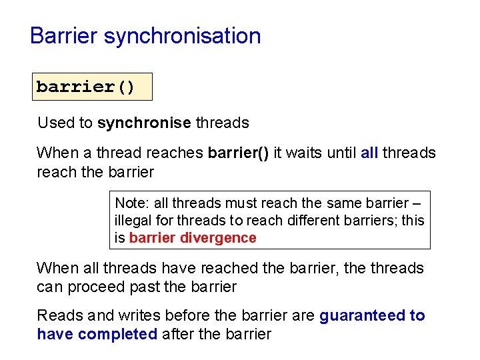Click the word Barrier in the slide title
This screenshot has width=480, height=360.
(x=64, y=35)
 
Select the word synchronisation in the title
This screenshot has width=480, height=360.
(x=183, y=36)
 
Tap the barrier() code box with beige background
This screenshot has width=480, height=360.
(x=92, y=87)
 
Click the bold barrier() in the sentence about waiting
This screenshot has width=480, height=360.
(x=239, y=153)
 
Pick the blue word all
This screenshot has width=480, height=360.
(x=369, y=153)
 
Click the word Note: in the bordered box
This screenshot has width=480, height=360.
(x=132, y=203)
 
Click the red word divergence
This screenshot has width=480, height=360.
(x=223, y=238)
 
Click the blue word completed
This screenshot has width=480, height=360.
(x=117, y=334)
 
